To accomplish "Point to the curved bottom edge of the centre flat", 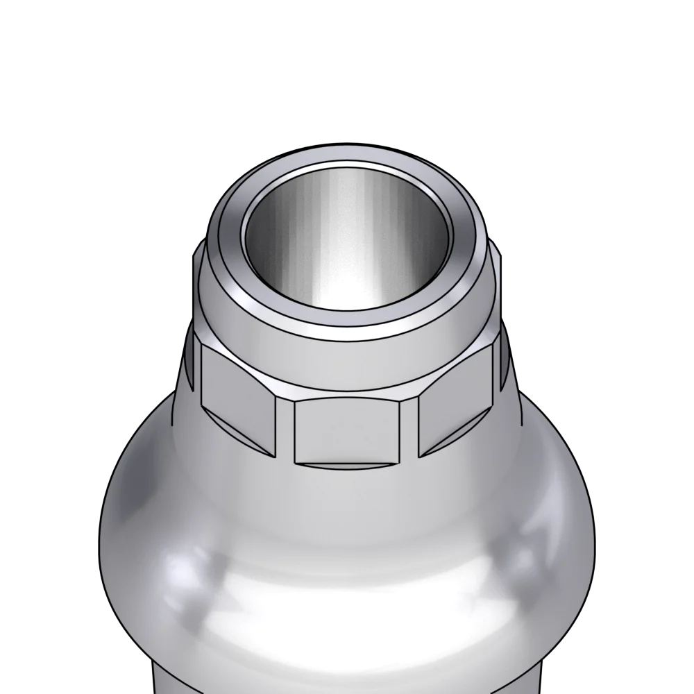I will point(347,464).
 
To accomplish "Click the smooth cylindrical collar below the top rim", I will point(347,361).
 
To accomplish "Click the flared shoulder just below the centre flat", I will point(347,500).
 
